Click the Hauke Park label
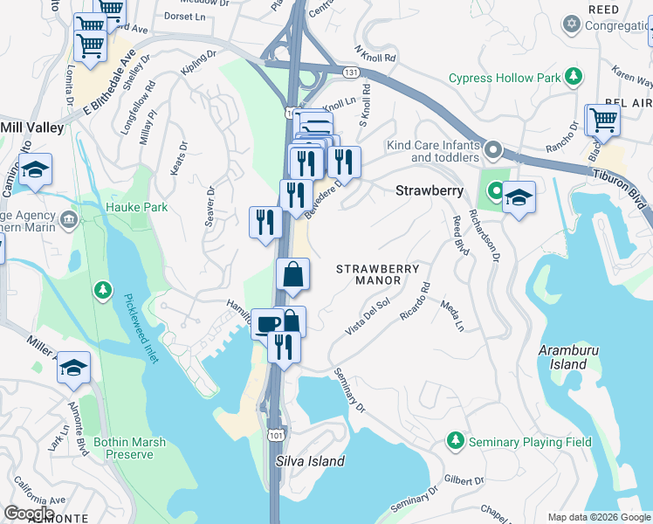pos(136,207)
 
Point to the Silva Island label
pos(310,461)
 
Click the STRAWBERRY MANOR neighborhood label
pos(378,275)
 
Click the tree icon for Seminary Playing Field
pos(454,442)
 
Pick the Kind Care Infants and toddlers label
pos(432,150)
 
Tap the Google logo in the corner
pos(29,514)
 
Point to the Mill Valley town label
pos(32,128)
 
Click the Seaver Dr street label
pos(210,206)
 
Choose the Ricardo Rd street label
pos(415,300)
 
